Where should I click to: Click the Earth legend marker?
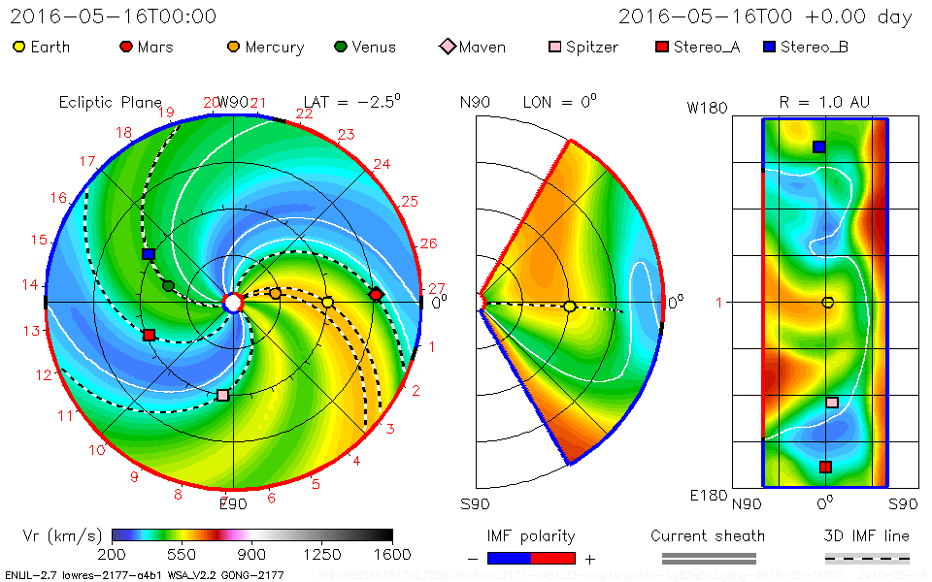coord(19,47)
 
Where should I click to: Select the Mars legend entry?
coord(144,47)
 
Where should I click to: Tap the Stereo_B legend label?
coord(814,47)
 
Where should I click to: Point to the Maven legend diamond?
coord(447,47)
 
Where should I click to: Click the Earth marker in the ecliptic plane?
coord(328,303)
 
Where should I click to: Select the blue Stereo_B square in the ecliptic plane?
coord(149,254)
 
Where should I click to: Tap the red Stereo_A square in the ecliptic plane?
coord(149,335)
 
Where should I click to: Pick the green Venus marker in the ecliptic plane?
coord(169,285)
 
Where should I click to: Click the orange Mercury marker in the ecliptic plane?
coord(275,293)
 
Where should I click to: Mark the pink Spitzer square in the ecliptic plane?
coord(223,395)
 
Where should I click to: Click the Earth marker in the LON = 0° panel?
coord(570,307)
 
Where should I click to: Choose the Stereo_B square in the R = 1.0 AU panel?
coord(818,146)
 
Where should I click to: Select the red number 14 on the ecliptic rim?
coord(31,285)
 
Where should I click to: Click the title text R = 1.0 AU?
coord(824,102)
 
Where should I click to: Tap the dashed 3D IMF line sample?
coord(867,558)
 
